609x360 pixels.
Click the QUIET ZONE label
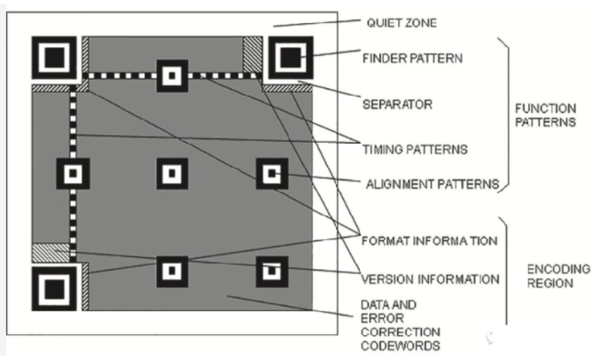tap(402, 23)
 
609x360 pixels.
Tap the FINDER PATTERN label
tap(412, 59)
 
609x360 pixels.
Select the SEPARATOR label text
tap(397, 105)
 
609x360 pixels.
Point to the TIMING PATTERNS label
tap(415, 150)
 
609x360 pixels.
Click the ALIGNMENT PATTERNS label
tap(433, 184)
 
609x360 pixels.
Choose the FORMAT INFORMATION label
tap(429, 241)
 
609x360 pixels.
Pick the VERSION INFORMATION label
tap(430, 279)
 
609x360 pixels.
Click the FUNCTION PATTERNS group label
tap(545, 115)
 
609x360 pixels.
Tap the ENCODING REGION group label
tap(558, 276)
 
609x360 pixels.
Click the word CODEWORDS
tap(401, 346)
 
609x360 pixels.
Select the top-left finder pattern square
tap(54, 58)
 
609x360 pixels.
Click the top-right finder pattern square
tap(291, 58)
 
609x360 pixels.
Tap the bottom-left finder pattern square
tap(54, 288)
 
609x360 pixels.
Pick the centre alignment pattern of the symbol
tap(172, 174)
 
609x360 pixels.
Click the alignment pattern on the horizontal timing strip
tap(172, 75)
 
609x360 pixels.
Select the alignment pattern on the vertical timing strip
tap(73, 174)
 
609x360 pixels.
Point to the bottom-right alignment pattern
tap(272, 271)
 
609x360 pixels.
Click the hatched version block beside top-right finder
tap(253, 54)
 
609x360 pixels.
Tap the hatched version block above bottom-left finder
tap(51, 253)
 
